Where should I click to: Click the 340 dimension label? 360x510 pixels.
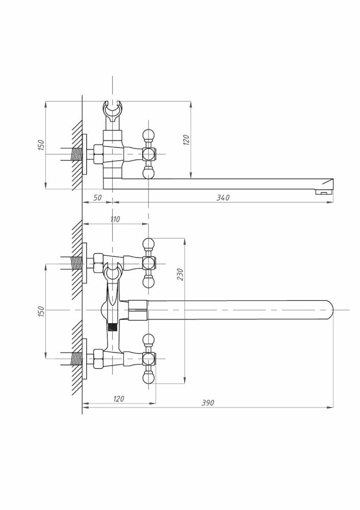click(x=223, y=197)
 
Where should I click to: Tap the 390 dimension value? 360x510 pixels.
click(x=208, y=403)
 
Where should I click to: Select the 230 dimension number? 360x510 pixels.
click(x=180, y=274)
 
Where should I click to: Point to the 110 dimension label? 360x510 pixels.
click(x=115, y=219)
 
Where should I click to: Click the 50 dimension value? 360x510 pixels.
click(x=97, y=197)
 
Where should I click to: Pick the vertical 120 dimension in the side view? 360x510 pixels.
click(x=186, y=140)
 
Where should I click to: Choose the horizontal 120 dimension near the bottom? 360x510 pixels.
click(x=119, y=399)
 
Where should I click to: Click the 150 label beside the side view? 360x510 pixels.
click(x=41, y=145)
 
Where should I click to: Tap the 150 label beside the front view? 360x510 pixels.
click(x=41, y=312)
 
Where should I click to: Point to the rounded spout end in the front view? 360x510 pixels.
click(x=328, y=310)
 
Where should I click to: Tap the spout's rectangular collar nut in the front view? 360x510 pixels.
click(x=138, y=310)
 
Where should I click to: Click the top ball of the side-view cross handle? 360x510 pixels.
click(x=148, y=134)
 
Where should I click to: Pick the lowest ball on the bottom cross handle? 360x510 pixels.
click(x=148, y=378)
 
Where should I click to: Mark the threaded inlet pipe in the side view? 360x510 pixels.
click(x=76, y=154)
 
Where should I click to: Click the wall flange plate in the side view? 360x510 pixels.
click(x=85, y=154)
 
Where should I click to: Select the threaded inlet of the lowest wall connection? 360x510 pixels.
click(x=76, y=359)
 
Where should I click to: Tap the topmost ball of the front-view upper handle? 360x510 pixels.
click(x=148, y=244)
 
